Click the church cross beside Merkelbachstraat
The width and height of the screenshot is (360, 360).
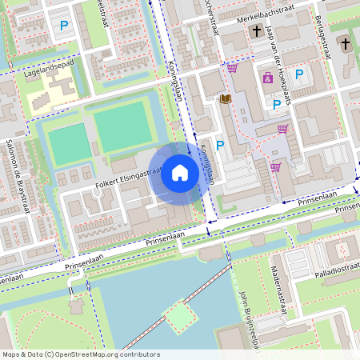(257, 31)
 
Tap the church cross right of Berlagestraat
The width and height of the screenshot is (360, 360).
(345, 43)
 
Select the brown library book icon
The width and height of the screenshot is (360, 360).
(226, 99)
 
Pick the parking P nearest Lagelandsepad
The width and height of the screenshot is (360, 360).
(63, 26)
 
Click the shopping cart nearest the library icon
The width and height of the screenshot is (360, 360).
(232, 68)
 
